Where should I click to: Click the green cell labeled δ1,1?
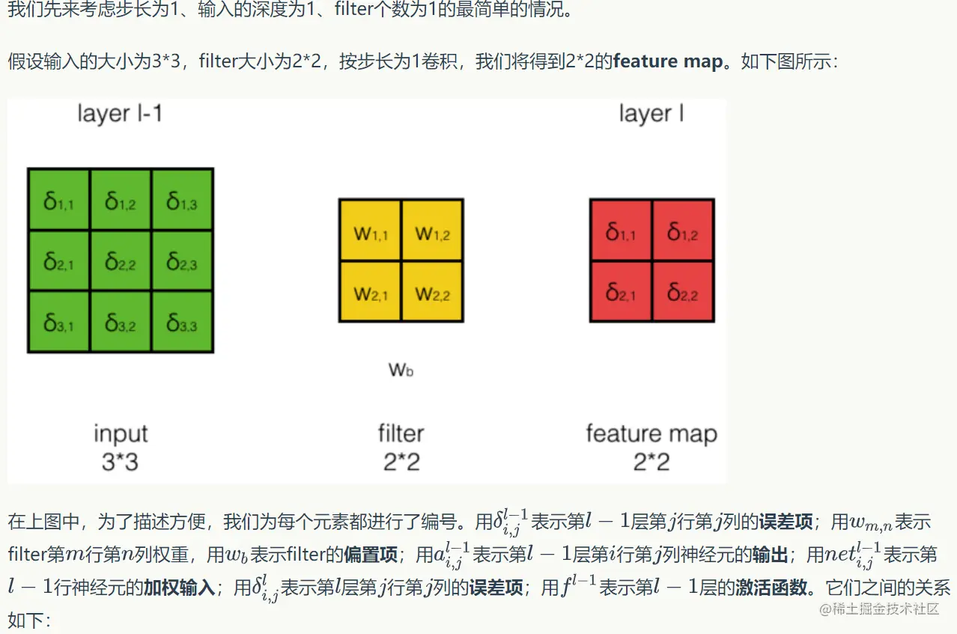click(58, 200)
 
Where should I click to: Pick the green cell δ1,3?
click(182, 200)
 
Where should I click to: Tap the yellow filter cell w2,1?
click(370, 291)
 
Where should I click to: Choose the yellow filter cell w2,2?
click(432, 291)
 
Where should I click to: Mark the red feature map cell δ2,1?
click(621, 291)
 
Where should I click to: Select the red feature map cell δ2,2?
click(683, 291)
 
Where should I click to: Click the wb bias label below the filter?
click(401, 368)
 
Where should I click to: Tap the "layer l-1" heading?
click(120, 114)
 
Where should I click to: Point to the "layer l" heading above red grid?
click(651, 114)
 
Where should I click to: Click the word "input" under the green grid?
click(121, 433)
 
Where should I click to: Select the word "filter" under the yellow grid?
click(401, 433)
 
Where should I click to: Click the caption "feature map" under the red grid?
click(651, 433)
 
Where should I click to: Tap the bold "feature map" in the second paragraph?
click(667, 61)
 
